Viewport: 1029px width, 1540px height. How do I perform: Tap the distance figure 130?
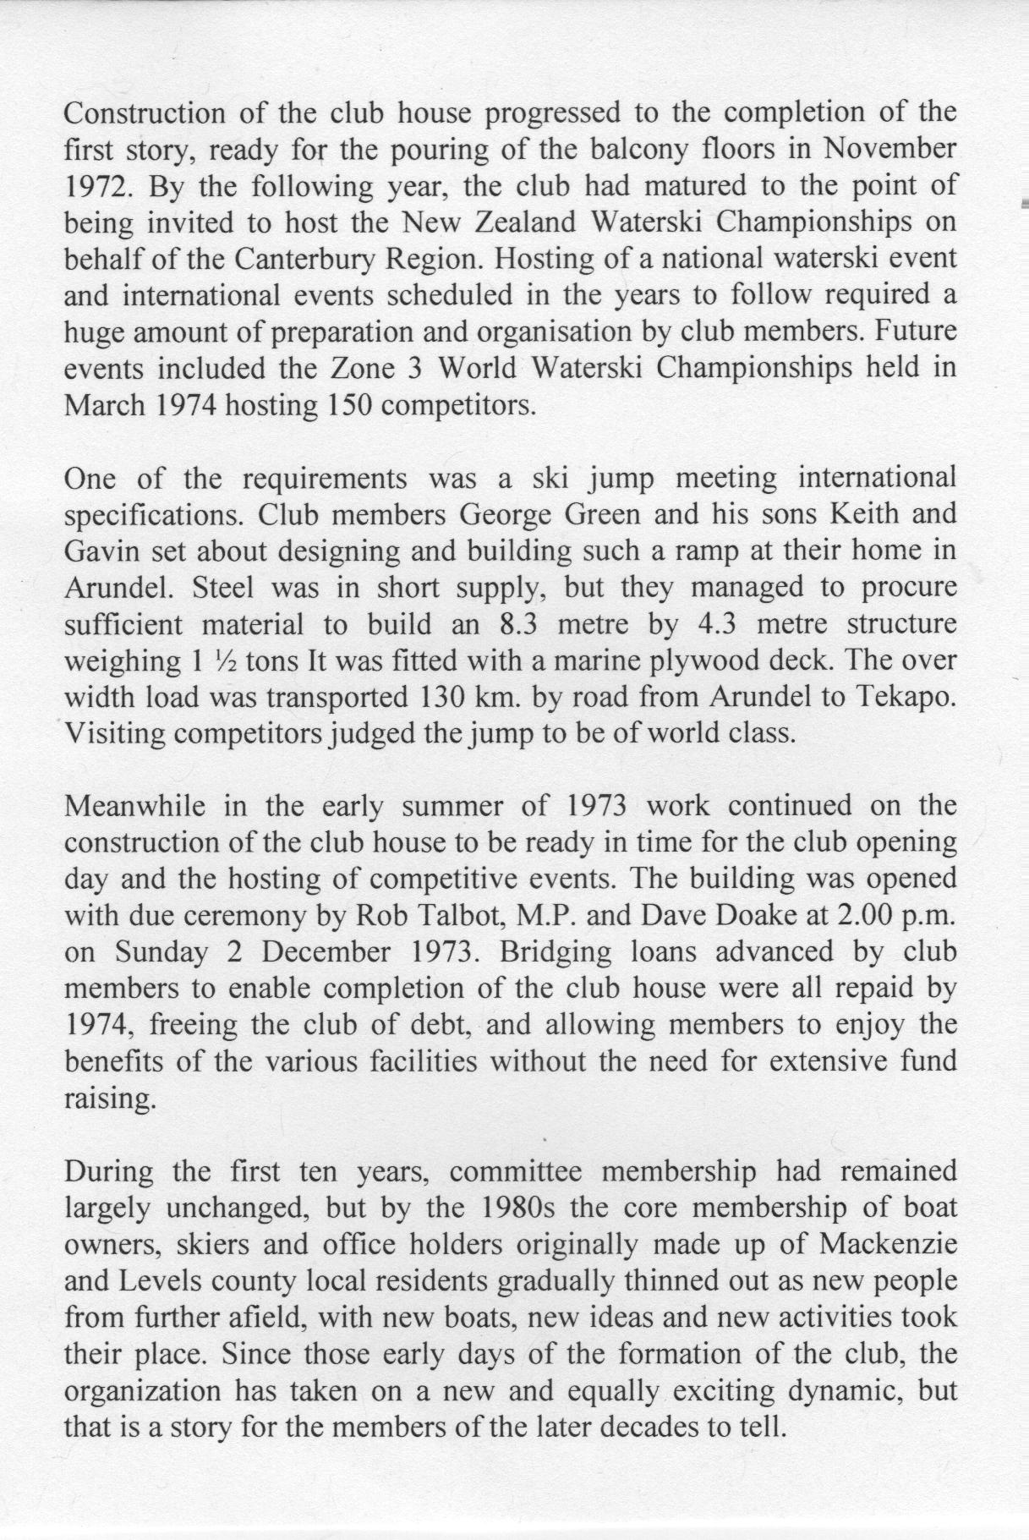442,698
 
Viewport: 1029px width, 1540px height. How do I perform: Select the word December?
326,951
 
